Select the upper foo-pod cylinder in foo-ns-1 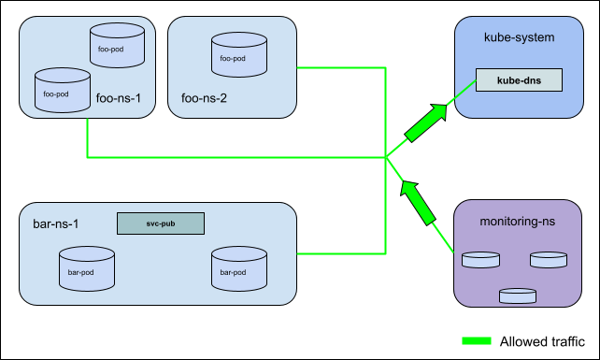click(x=117, y=48)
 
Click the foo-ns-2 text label click(x=203, y=96)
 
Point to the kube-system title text click(x=519, y=37)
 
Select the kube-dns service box click(x=519, y=80)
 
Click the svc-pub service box click(x=160, y=223)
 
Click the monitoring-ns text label click(x=519, y=224)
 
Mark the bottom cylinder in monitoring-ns click(x=517, y=295)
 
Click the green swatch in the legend click(x=482, y=341)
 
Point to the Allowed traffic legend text click(x=543, y=341)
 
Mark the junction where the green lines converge click(x=386, y=158)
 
